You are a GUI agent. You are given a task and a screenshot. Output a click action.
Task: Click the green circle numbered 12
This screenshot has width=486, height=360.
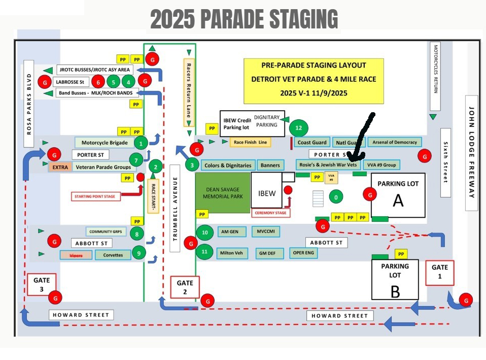click(x=298, y=128)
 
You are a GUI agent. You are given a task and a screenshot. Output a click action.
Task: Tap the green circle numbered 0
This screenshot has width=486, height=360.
click(x=335, y=196)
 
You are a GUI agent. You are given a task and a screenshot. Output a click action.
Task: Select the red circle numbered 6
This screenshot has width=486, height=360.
click(x=98, y=81)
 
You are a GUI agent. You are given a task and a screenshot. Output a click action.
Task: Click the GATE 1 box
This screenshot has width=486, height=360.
click(x=439, y=272)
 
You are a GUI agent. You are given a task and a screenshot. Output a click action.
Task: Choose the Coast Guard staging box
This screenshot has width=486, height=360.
click(x=311, y=142)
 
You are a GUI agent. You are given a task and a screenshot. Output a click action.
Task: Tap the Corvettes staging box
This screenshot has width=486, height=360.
click(x=113, y=255)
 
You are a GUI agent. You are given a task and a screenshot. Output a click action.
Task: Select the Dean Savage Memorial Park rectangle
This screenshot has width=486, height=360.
click(x=223, y=192)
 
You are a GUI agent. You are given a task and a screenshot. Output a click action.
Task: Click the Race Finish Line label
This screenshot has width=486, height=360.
click(x=250, y=142)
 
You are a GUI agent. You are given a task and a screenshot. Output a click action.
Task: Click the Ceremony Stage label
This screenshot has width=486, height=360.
click(x=270, y=213)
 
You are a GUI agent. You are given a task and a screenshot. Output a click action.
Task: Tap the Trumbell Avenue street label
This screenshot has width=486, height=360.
click(x=176, y=208)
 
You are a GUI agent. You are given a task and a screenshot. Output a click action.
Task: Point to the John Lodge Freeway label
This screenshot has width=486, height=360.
click(x=472, y=152)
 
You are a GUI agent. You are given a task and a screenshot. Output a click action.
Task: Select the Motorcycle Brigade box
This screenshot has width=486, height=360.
click(x=105, y=143)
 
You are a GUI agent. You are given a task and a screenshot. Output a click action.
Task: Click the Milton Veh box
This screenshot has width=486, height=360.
click(x=231, y=252)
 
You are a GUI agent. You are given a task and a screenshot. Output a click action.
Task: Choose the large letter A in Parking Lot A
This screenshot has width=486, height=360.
click(x=398, y=201)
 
